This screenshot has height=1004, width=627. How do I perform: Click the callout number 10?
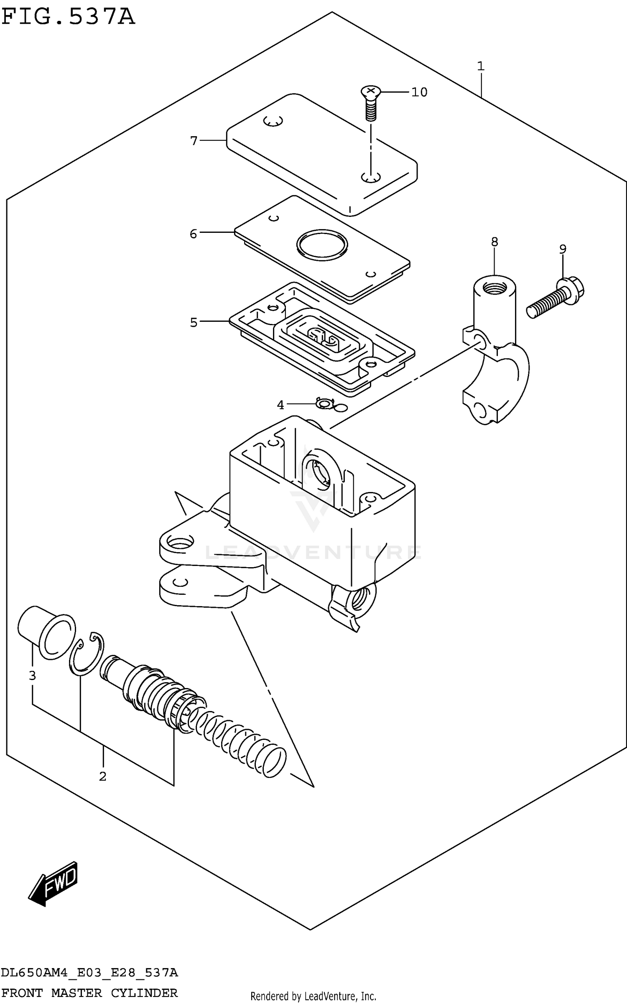pos(419,92)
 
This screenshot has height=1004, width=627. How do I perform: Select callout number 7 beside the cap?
pos(194,141)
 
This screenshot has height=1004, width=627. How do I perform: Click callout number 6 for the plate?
pos(193,233)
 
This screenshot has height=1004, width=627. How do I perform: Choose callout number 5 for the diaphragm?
pos(194,322)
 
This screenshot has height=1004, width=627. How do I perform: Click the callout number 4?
pos(280,405)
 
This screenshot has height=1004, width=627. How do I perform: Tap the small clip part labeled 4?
pos(324,404)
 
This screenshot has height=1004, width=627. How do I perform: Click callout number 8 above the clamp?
pos(494,242)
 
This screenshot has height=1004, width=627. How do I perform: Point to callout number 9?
pos(563,249)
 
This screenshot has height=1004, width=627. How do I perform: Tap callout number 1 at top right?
pos(481,66)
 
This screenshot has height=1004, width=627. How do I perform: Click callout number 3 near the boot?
pos(32,675)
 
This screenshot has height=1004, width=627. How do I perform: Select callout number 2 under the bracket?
pos(103,776)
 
